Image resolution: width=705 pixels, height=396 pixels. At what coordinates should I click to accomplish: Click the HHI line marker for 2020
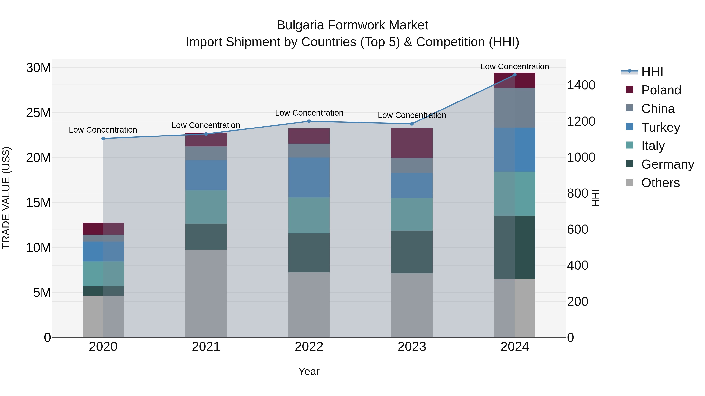[x=103, y=139]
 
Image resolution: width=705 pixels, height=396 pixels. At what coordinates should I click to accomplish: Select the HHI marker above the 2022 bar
[x=309, y=121]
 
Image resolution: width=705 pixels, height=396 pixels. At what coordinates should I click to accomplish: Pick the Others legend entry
[x=660, y=183]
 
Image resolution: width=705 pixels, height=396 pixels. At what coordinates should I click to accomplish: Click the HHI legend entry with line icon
[x=651, y=72]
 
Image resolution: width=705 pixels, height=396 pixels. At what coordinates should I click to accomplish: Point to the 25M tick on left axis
[x=38, y=113]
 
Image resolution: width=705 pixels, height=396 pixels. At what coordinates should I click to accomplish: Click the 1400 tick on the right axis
[x=581, y=85]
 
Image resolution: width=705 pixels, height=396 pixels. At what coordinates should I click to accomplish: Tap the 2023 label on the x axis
[x=412, y=347]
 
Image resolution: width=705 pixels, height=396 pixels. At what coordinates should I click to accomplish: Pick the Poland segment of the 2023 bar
[x=412, y=143]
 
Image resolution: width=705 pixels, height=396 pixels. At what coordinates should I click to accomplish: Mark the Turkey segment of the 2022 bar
[x=309, y=177]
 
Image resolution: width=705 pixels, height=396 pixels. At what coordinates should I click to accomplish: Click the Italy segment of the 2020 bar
[x=103, y=274]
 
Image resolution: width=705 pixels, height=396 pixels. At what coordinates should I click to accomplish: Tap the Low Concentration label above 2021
[x=206, y=125]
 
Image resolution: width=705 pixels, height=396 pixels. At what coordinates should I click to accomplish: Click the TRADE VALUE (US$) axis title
[x=6, y=198]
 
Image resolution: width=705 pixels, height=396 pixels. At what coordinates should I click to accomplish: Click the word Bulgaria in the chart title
[x=300, y=25]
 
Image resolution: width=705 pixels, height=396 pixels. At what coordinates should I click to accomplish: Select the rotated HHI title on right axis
[x=596, y=198]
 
